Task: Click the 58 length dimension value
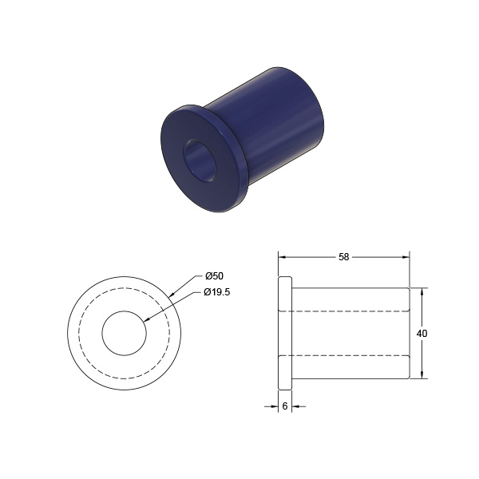click(343, 257)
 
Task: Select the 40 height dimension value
click(422, 333)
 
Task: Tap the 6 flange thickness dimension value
click(285, 406)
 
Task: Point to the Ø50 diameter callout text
click(214, 276)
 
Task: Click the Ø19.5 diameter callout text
click(216, 292)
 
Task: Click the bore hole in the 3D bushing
click(200, 161)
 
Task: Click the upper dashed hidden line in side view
click(344, 311)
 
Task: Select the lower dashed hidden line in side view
click(344, 355)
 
